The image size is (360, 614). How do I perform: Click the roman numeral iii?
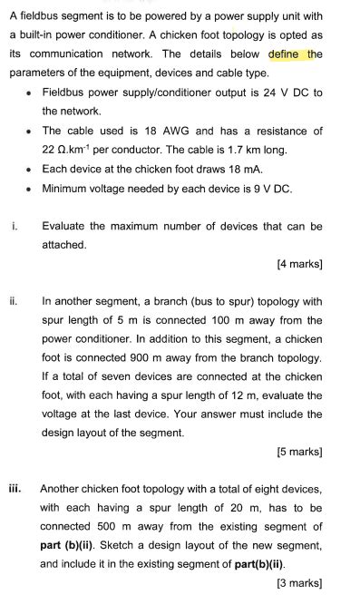pyautogui.click(x=15, y=488)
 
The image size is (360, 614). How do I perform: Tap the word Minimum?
pyautogui.click(x=66, y=188)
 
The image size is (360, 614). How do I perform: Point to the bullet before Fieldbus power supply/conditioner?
pyautogui.click(x=30, y=93)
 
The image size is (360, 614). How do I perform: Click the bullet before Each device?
pyautogui.click(x=30, y=169)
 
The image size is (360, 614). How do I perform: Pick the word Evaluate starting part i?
pyautogui.click(x=66, y=226)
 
